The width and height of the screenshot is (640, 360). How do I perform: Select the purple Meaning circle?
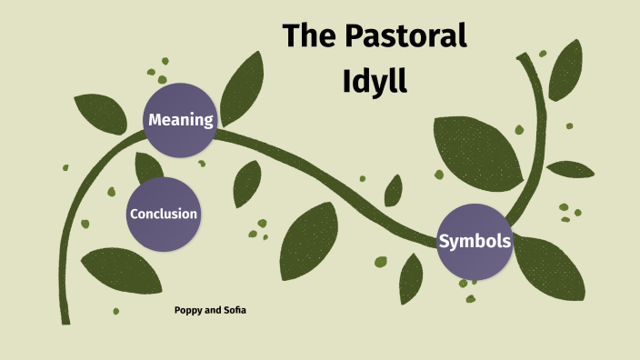[x=180, y=119]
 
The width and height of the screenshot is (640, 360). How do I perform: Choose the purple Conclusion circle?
[x=163, y=215]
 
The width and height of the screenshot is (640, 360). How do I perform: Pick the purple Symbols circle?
[x=474, y=242]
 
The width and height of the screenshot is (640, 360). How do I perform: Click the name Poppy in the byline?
[x=189, y=310]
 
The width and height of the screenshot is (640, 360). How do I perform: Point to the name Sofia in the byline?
[x=234, y=310]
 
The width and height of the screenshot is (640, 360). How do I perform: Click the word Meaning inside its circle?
[x=180, y=119]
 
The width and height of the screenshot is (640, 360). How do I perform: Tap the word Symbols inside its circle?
[x=474, y=242]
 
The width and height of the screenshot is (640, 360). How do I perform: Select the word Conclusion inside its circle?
[x=164, y=215]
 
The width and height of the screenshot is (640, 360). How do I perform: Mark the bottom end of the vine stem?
[x=65, y=319]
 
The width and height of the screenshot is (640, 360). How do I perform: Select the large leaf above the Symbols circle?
[x=476, y=150]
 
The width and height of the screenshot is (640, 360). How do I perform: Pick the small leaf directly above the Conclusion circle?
[x=147, y=168]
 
